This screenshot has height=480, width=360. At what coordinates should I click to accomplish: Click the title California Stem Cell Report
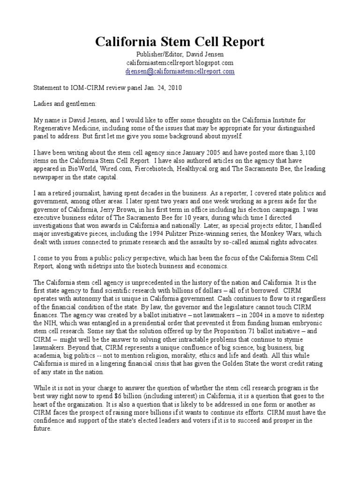pos(180,42)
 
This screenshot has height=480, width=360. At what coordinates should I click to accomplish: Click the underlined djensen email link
pos(180,71)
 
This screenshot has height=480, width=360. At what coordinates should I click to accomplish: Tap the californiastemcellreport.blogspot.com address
pos(180,63)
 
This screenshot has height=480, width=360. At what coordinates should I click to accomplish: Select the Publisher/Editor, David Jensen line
pos(180,54)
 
